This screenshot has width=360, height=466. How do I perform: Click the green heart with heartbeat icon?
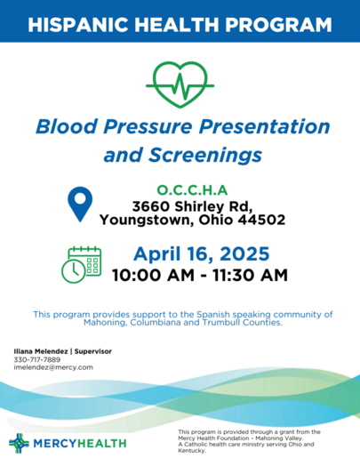click(x=180, y=84)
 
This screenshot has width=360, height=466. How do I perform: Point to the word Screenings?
click(x=205, y=156)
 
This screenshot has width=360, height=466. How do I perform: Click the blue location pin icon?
click(x=80, y=204)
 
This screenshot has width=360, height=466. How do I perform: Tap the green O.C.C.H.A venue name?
click(x=192, y=190)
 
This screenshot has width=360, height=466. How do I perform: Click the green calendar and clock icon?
click(x=82, y=264)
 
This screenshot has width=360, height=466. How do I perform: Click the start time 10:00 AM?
click(x=153, y=275)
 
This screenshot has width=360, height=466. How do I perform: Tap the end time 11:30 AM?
click(x=250, y=275)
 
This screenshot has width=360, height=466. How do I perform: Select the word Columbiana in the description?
click(x=156, y=323)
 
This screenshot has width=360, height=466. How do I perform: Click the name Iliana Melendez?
click(x=41, y=351)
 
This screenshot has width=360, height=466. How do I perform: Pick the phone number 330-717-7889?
click(x=36, y=359)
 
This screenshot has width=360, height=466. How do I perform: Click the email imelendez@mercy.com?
click(x=53, y=367)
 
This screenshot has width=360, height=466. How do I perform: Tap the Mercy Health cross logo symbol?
click(x=20, y=443)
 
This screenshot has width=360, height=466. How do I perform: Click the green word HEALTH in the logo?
click(x=102, y=444)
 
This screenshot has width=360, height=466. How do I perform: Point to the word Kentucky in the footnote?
click(x=191, y=451)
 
